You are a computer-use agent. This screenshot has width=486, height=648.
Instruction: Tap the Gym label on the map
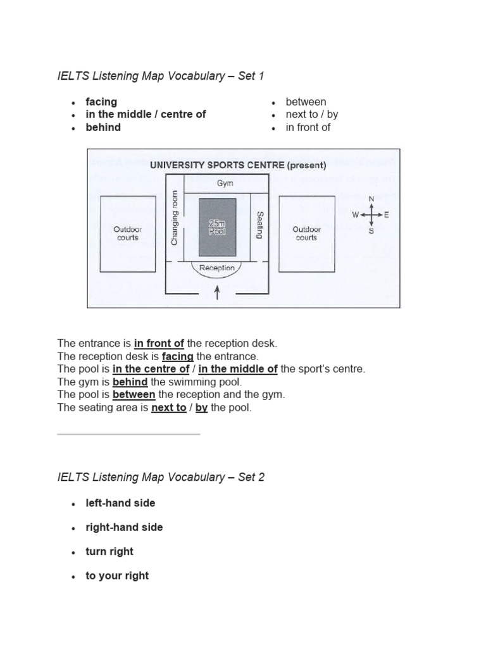point(225,184)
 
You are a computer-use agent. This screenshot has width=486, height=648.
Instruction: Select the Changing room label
point(175,218)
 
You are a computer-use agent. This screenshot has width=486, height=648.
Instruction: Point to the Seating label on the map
point(259,225)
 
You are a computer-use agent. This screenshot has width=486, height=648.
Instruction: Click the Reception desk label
point(216,268)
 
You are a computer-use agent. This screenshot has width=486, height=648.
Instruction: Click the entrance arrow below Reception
point(218,292)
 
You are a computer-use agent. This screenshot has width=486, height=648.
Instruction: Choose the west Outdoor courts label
point(127,233)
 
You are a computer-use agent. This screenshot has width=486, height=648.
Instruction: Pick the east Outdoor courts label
point(306,233)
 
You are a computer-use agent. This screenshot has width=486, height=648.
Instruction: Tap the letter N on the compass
point(371,199)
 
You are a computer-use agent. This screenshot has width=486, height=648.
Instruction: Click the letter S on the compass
point(371,231)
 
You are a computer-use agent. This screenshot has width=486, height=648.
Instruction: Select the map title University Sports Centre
point(238,166)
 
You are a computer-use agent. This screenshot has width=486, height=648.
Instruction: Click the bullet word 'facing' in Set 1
point(101,101)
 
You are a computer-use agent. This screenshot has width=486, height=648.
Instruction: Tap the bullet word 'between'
point(306,101)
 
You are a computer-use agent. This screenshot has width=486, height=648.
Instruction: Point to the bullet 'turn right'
point(109,551)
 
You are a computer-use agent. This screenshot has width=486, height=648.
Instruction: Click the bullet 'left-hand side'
point(120,502)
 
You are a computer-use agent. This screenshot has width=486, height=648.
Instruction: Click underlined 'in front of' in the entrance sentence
point(159,343)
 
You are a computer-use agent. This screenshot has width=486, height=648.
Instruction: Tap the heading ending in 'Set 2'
point(161,477)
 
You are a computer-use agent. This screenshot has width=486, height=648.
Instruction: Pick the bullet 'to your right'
point(117,575)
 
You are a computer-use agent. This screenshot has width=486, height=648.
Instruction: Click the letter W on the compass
point(356,215)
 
